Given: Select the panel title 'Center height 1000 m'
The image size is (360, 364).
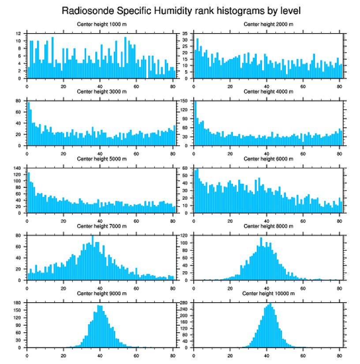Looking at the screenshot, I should (101, 24).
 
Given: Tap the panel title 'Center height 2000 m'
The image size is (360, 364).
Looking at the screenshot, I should (268, 24).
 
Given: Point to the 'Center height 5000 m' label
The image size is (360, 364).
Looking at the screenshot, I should (101, 159).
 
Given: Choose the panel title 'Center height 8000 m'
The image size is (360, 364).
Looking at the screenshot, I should (268, 226).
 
